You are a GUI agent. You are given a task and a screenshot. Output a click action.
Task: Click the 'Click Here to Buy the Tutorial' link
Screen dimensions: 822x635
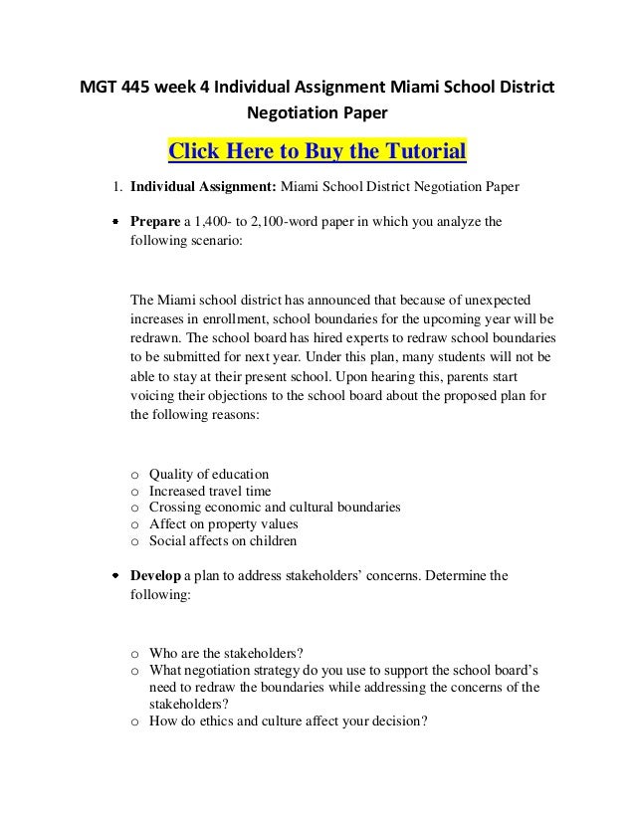pyautogui.click(x=317, y=151)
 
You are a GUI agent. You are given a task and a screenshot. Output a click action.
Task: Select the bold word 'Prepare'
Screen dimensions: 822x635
pyautogui.click(x=154, y=221)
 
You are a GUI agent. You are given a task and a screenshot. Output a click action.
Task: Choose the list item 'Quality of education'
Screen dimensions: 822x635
pyautogui.click(x=209, y=474)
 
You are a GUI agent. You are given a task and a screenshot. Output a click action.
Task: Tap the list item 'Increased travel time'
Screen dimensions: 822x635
pyautogui.click(x=209, y=491)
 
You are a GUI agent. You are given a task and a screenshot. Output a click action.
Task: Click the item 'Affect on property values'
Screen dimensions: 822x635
pyautogui.click(x=223, y=524)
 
